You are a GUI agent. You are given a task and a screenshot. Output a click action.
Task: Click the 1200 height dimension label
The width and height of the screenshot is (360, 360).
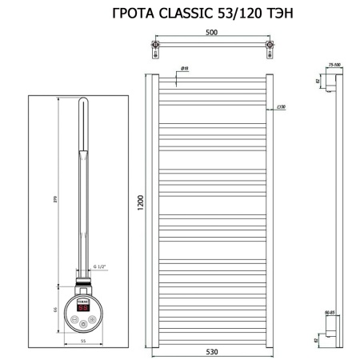point(142,205)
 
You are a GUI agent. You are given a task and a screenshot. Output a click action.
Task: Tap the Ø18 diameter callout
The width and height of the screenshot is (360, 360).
point(184,70)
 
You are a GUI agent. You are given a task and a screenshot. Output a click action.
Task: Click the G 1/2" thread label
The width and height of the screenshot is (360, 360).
point(100,266)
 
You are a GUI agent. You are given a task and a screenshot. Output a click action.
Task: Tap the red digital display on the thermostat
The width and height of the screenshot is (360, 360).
point(82,306)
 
